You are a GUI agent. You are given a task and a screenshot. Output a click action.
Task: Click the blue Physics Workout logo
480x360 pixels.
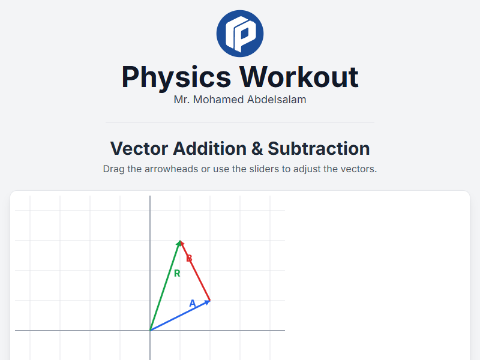[x=240, y=34]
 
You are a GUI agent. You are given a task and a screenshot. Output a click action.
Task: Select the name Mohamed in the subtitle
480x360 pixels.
[x=219, y=100]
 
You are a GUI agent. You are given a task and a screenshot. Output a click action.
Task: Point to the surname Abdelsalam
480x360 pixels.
[x=277, y=100]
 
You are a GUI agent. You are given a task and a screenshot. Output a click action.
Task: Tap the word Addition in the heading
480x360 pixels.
[x=207, y=148]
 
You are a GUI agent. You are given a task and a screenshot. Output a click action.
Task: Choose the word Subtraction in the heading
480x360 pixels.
[x=319, y=148]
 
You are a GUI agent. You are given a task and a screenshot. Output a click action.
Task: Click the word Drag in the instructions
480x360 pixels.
[x=113, y=169]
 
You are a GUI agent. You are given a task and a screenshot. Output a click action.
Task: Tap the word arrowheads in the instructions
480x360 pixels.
[x=171, y=169]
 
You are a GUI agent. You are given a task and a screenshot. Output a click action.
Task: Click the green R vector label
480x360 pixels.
[x=177, y=274]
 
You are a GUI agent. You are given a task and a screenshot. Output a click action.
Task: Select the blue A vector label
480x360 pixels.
[x=193, y=304]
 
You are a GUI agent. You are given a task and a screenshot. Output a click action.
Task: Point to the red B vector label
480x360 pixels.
[x=189, y=258]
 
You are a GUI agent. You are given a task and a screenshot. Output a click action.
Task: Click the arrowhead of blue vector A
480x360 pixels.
[x=208, y=301]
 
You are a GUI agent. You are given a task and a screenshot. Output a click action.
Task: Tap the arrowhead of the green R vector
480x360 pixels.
[x=179, y=242]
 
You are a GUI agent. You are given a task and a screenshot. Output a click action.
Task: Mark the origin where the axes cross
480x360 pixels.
[x=150, y=330]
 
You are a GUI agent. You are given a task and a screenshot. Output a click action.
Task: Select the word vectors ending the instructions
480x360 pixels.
[x=359, y=169]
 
